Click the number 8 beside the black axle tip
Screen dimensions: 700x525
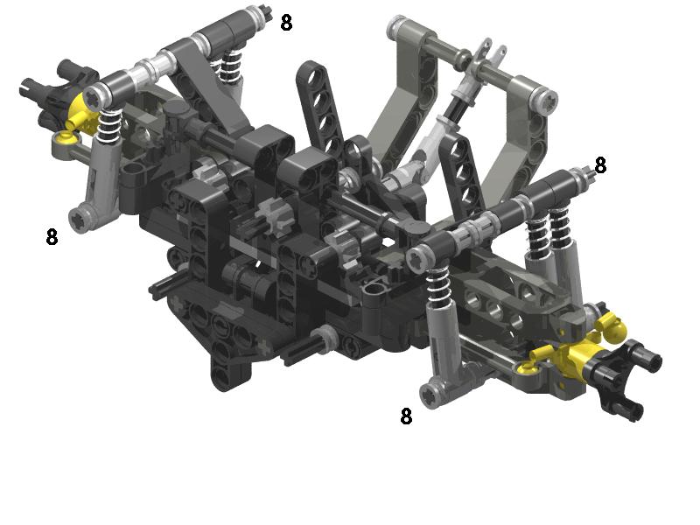[x=286, y=23]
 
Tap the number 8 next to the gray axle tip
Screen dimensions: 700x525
[x=600, y=165]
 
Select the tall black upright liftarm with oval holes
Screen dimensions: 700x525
[x=319, y=107]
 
